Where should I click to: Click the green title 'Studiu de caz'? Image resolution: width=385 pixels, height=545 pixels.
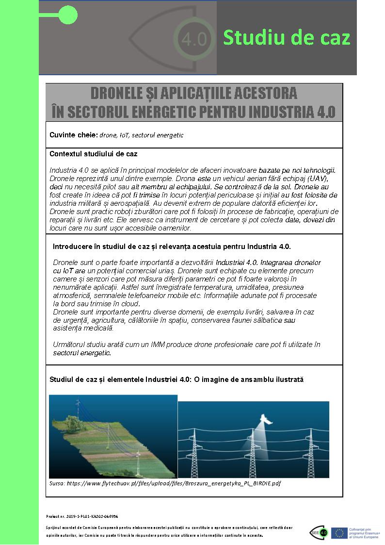(x=286, y=37)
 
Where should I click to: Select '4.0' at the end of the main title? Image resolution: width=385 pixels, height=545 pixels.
(x=325, y=112)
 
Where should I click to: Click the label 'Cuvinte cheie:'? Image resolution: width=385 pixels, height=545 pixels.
(x=73, y=135)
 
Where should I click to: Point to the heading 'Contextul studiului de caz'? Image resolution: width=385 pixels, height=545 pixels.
(x=93, y=154)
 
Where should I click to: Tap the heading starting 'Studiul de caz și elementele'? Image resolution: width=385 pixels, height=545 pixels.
(x=176, y=379)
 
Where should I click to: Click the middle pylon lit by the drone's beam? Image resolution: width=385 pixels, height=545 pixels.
(x=253, y=451)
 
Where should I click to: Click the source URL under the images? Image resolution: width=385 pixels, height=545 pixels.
(x=165, y=483)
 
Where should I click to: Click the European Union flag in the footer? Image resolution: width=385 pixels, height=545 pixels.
(x=337, y=533)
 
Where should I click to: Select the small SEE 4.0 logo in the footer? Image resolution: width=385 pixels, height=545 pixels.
(x=319, y=532)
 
